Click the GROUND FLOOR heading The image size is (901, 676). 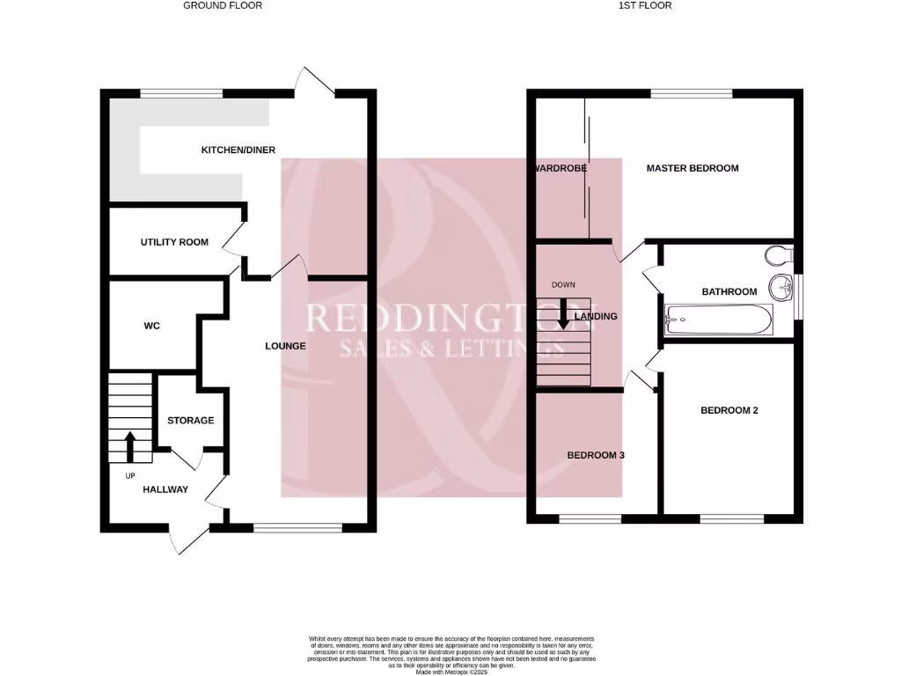[223, 5]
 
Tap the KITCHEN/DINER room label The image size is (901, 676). [233, 151]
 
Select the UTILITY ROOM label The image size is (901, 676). [174, 242]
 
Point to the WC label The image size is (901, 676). [151, 326]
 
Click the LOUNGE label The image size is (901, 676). [285, 346]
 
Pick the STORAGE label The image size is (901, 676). [190, 421]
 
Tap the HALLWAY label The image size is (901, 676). [165, 489]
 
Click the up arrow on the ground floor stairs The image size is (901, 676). [131, 445]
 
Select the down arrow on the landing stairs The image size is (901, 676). [563, 313]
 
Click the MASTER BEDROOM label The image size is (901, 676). [692, 168]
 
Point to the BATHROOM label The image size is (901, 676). [729, 292]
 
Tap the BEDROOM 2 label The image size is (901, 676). [729, 410]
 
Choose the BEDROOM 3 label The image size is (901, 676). [596, 455]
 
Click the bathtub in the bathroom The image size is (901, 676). [719, 319]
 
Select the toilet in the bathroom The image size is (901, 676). [778, 255]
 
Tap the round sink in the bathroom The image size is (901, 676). [780, 287]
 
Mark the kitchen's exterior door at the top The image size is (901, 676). [315, 82]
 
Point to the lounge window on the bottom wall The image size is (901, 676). [297, 528]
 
